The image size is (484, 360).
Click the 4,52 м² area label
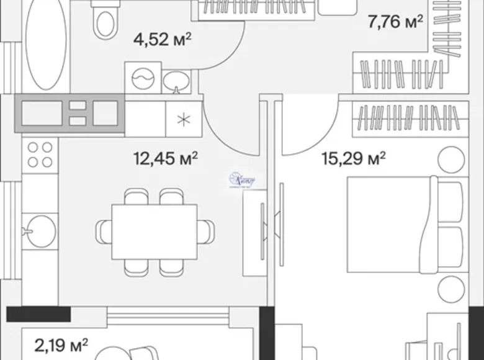click(162, 40)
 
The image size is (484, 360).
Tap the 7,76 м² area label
click(395, 23)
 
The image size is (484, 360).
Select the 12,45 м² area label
click(166, 158)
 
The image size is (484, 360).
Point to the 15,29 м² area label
click(353, 158)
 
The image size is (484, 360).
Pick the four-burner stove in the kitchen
click(40, 155)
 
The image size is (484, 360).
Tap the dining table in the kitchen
click(154, 231)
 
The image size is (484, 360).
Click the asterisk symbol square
click(182, 119)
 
